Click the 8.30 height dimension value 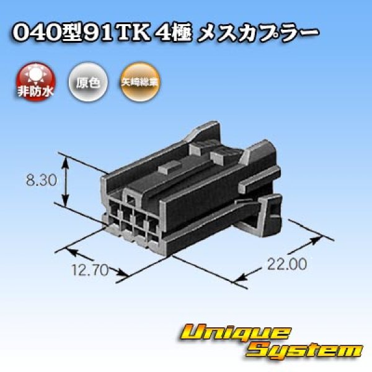click(41, 182)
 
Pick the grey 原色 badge click(83, 82)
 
